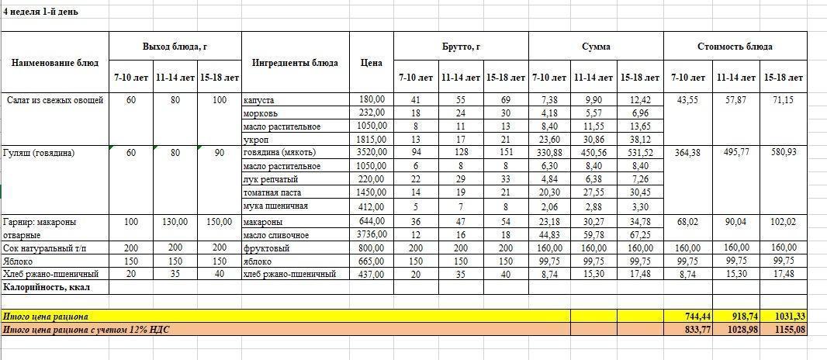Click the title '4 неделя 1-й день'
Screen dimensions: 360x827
(x=40, y=12)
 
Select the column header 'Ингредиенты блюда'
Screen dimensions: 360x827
(x=296, y=63)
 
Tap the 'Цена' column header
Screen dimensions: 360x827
(x=372, y=63)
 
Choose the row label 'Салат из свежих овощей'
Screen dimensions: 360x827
(x=55, y=100)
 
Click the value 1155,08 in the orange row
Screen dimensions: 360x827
(x=791, y=330)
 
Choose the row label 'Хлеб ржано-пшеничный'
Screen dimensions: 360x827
(x=50, y=274)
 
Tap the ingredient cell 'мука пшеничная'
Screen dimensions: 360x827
(x=275, y=206)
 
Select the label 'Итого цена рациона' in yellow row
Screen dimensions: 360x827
(x=46, y=317)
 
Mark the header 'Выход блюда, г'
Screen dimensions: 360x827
(x=175, y=47)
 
